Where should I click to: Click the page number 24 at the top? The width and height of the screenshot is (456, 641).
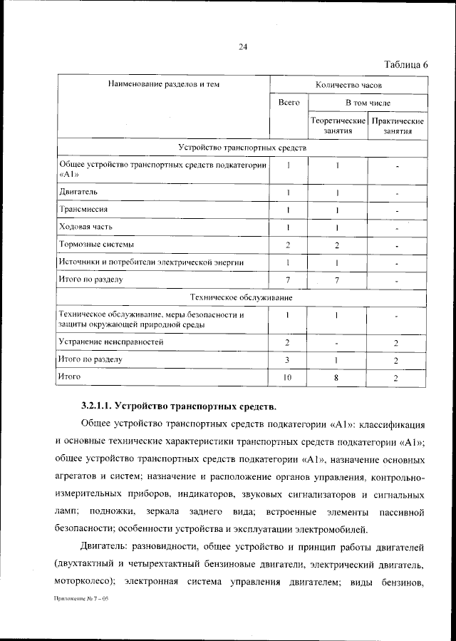tap(242, 47)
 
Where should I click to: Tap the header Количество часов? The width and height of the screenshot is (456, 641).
tap(348, 85)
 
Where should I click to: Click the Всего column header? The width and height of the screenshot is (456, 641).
tap(289, 103)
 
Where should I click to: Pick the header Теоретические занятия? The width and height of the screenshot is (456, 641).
tap(338, 126)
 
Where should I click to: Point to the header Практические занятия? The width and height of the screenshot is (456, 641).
tap(398, 126)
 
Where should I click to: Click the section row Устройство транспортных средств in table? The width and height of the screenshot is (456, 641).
tap(242, 148)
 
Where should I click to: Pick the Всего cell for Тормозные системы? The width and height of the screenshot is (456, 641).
tap(288, 245)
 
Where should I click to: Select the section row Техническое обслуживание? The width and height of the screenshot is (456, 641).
tap(242, 297)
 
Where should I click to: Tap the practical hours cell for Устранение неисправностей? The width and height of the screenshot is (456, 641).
tap(396, 343)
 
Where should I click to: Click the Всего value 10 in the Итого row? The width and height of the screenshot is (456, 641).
tap(288, 377)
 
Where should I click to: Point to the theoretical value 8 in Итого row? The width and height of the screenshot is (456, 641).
tap(336, 377)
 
